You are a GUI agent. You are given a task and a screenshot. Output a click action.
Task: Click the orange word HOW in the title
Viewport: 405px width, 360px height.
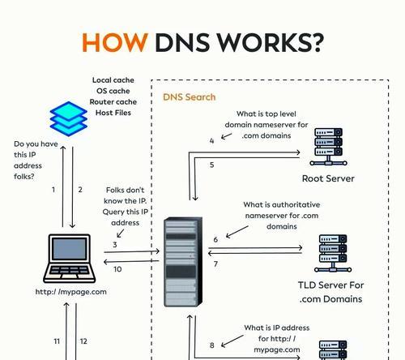pyautogui.click(x=115, y=42)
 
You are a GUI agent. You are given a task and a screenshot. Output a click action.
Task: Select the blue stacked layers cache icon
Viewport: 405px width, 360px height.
pyautogui.click(x=69, y=118)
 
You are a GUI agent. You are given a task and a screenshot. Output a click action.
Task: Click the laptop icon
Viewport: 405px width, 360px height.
pyautogui.click(x=70, y=259)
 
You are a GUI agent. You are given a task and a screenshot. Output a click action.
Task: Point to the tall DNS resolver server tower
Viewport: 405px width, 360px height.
pyautogui.click(x=183, y=262)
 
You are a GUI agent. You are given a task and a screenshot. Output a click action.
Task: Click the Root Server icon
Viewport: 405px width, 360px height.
pyautogui.click(x=328, y=147)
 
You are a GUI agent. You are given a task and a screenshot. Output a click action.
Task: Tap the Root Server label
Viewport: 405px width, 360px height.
pyautogui.click(x=328, y=178)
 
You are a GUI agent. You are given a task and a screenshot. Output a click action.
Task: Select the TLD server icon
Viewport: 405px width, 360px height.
pyautogui.click(x=333, y=253)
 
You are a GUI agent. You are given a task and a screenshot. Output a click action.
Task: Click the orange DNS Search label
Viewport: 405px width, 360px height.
pyautogui.click(x=190, y=97)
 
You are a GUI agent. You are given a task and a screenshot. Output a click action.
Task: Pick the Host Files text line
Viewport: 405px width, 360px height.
pyautogui.click(x=113, y=113)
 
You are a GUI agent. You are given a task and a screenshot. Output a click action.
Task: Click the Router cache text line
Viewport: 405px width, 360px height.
pyautogui.click(x=113, y=102)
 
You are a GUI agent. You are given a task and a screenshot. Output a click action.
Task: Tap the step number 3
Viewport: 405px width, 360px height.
pyautogui.click(x=115, y=245)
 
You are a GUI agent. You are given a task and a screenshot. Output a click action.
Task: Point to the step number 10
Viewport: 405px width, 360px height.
pyautogui.click(x=117, y=269)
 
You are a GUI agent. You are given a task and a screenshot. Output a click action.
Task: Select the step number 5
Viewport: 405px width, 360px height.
pyautogui.click(x=212, y=165)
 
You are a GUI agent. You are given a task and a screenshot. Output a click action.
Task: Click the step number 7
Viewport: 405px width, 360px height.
pyautogui.click(x=215, y=264)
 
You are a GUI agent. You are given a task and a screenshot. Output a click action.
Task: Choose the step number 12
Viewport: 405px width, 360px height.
pyautogui.click(x=83, y=341)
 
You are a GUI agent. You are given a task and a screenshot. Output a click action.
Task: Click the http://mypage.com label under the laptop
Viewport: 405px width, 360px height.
pyautogui.click(x=71, y=292)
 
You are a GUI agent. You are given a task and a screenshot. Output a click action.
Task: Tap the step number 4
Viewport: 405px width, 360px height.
pyautogui.click(x=211, y=141)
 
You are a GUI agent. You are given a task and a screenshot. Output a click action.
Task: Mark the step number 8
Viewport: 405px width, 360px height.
pyautogui.click(x=212, y=345)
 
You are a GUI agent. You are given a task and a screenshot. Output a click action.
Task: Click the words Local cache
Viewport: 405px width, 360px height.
pyautogui.click(x=113, y=80)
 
